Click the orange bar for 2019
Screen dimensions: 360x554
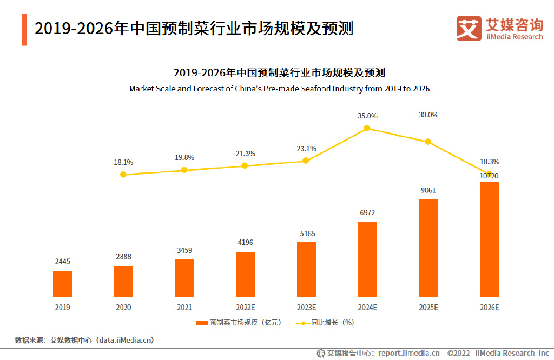click(x=62, y=283)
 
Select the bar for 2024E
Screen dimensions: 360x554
click(x=367, y=259)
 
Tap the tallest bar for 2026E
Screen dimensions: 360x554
click(x=489, y=239)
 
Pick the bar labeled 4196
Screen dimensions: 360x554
click(x=245, y=274)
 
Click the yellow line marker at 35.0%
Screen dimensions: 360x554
click(x=367, y=128)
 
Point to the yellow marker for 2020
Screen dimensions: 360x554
click(x=123, y=175)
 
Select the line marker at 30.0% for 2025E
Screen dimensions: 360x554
click(x=428, y=142)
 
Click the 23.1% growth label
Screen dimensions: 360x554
click(x=306, y=149)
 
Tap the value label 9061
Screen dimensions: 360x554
click(x=428, y=190)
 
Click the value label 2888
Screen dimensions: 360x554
click(x=123, y=256)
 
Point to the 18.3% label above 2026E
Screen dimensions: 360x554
click(x=489, y=162)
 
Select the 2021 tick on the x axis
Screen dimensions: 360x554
click(x=184, y=307)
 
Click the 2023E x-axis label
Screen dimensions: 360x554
click(x=306, y=307)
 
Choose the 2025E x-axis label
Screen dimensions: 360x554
click(x=428, y=307)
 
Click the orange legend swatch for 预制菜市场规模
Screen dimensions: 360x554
click(x=202, y=323)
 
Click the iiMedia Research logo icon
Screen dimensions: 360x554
click(x=469, y=28)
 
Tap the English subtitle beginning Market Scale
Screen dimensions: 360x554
click(x=279, y=89)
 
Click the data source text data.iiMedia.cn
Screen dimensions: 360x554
click(x=124, y=340)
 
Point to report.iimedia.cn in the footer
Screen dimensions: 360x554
click(x=409, y=353)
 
